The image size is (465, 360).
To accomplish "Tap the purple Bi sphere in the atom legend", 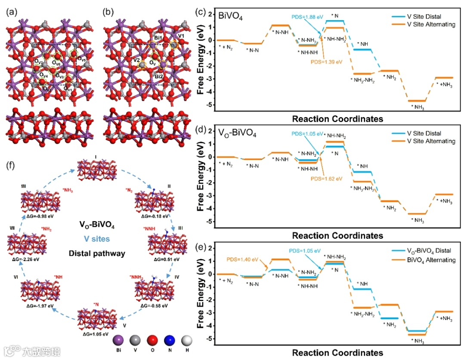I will [118, 341].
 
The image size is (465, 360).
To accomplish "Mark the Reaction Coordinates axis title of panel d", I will [337, 235].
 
